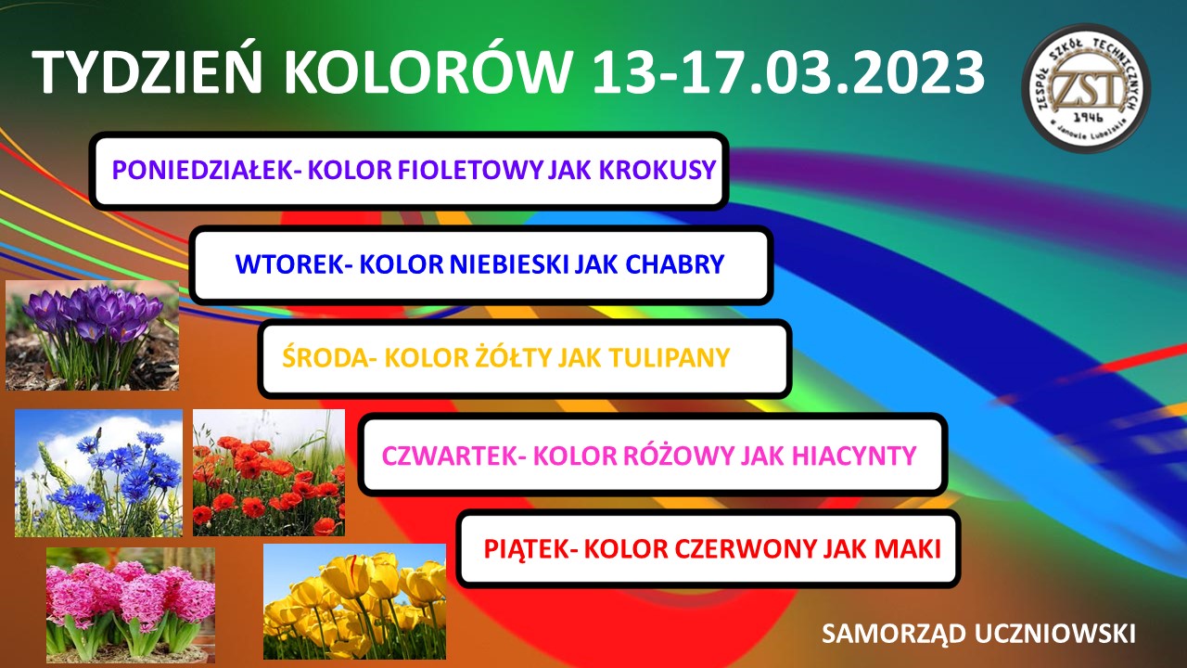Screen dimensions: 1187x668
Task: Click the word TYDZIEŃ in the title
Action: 147,71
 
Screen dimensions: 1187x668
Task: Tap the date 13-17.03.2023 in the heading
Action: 787,73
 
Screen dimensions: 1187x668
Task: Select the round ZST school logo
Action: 1086,88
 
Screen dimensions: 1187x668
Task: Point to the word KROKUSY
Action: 657,170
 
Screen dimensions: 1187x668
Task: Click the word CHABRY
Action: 674,264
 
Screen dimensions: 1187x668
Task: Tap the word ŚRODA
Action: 325,357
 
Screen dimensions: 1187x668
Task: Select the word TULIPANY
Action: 670,357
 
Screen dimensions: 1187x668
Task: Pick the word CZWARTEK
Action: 450,456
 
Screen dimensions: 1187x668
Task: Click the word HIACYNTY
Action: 854,456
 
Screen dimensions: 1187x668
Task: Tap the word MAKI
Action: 907,548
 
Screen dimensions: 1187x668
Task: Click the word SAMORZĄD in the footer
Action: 894,634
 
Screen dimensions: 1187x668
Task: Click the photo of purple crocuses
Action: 92,336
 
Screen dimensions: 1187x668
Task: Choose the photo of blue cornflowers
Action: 98,473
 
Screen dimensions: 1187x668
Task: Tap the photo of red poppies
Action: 269,472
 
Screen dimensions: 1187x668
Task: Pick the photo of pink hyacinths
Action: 131,605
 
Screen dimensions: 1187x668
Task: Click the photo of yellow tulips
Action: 354,602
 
